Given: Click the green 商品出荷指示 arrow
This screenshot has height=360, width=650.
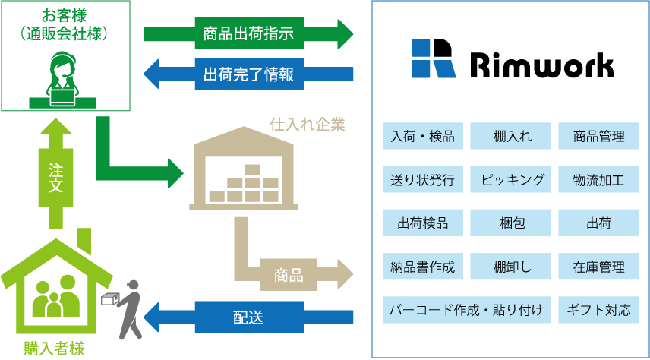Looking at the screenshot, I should click(248, 33).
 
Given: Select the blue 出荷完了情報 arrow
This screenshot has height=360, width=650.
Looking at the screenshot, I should click(248, 74).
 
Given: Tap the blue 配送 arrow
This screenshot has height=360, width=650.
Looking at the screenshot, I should click(248, 317).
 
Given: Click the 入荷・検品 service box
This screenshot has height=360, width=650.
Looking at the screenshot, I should click(423, 137).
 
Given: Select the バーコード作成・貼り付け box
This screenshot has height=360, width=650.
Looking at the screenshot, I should click(467, 311).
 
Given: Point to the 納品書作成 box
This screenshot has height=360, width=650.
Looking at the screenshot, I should click(423, 267).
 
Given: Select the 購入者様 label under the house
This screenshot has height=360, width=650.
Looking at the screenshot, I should click(52, 349).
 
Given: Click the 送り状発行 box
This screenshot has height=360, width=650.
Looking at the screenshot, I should click(423, 180).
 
